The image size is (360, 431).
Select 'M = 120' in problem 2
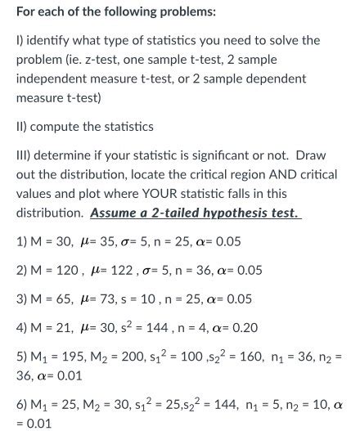[55, 270]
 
